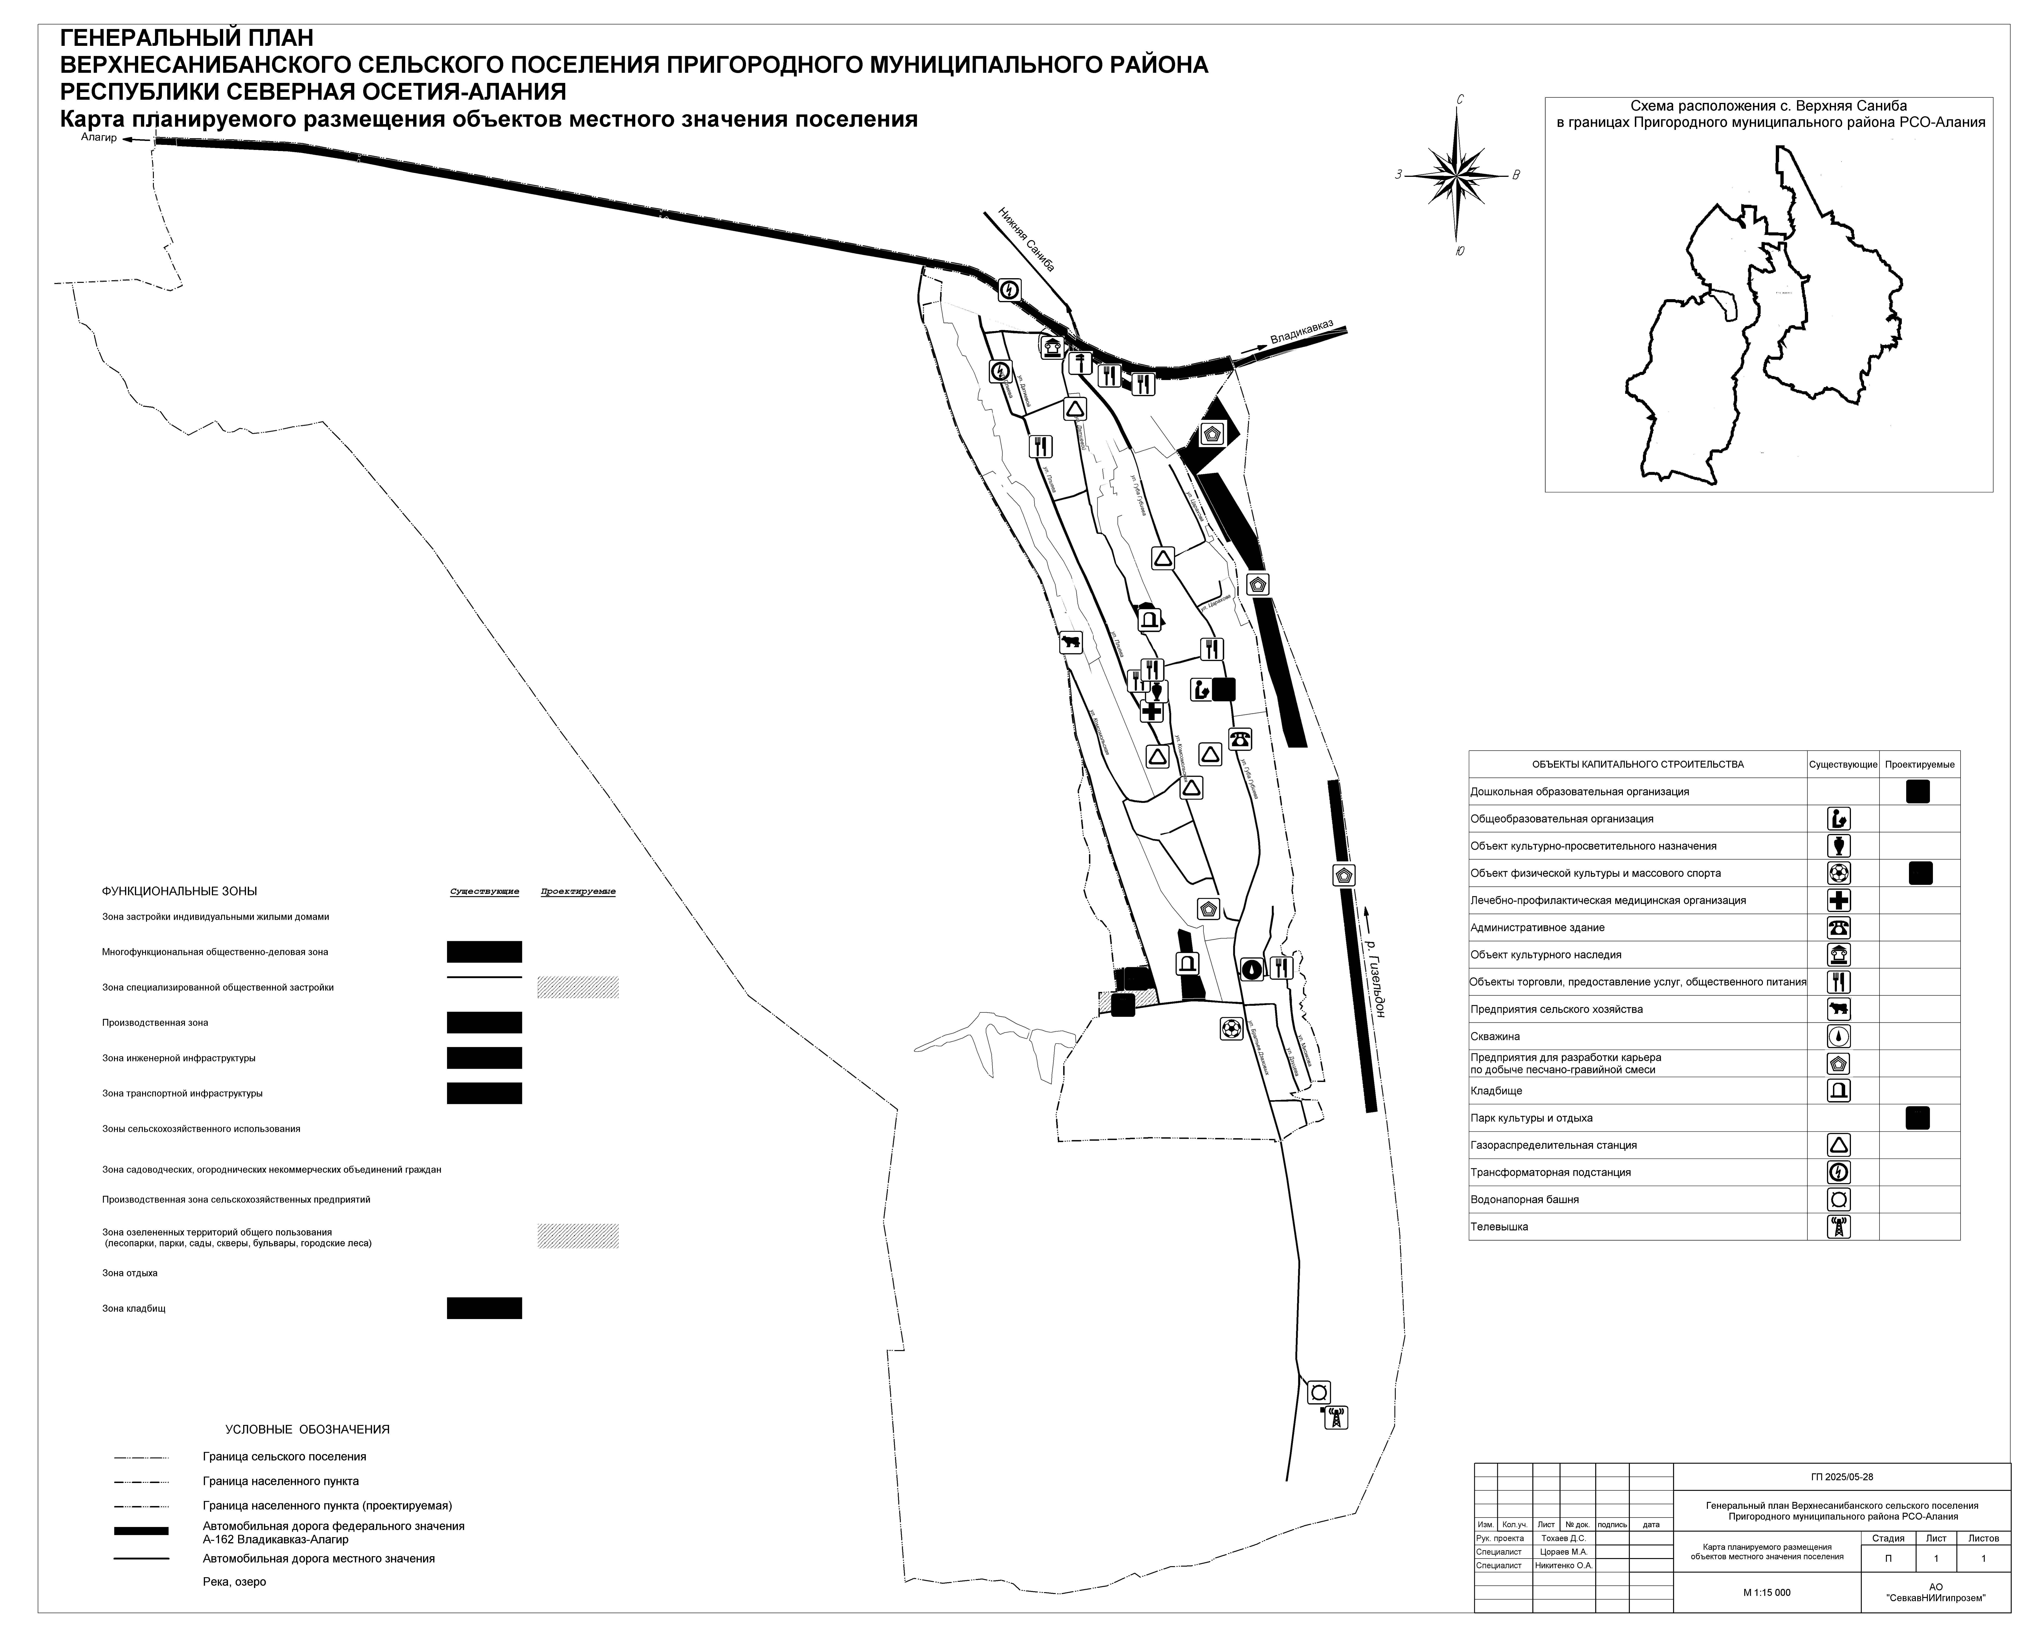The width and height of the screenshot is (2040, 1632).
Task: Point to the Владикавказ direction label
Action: point(1301,332)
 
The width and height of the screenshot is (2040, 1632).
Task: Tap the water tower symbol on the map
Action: point(1318,1392)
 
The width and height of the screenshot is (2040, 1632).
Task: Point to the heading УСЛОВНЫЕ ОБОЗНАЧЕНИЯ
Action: point(307,1430)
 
